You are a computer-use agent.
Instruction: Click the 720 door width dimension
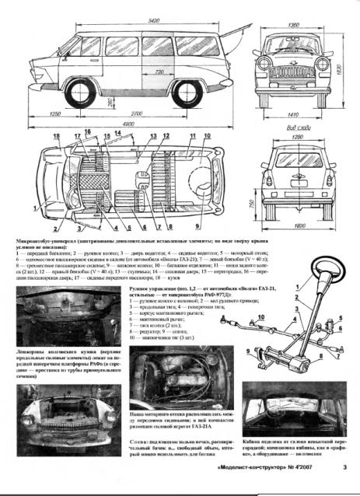pyautogui.click(x=159, y=72)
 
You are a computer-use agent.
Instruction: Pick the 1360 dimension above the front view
pyautogui.click(x=294, y=26)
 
